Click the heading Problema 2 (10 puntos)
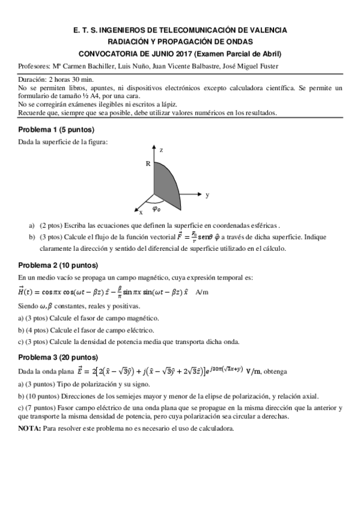tap(58, 265)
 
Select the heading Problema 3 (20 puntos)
tap(58, 357)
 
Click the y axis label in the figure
tap(207, 195)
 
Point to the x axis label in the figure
tap(141, 212)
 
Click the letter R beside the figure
tap(147, 163)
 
